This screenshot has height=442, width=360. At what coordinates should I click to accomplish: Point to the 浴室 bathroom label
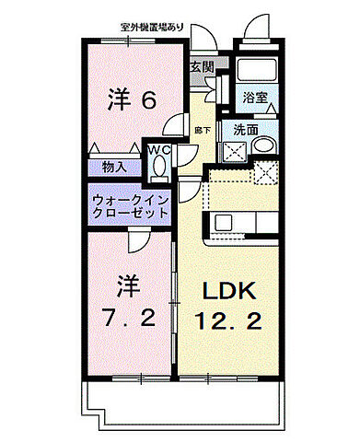(x=255, y=96)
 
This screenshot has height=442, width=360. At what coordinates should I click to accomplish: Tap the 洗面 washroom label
(x=244, y=130)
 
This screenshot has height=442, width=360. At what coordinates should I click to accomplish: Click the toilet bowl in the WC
(x=160, y=166)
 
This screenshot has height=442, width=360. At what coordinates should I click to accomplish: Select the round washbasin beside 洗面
(x=263, y=145)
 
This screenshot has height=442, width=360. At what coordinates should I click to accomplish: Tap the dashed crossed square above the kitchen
(x=265, y=172)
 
